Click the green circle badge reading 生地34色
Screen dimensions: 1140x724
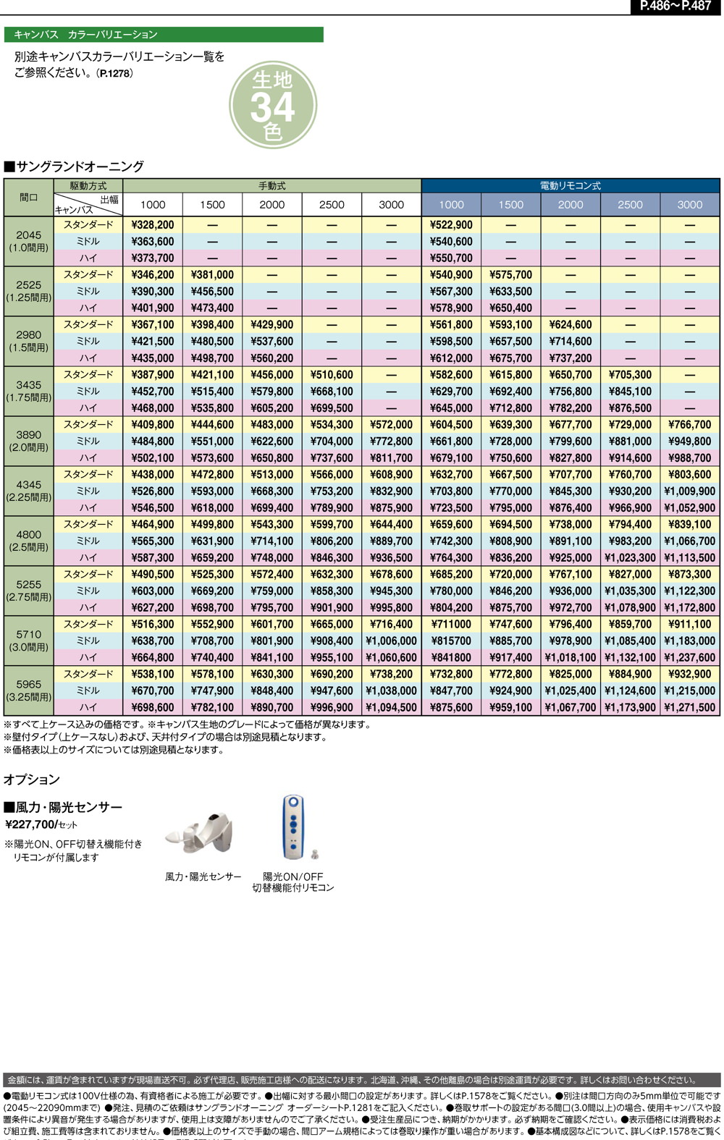(x=273, y=107)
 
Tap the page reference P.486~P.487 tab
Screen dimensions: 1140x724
(x=675, y=7)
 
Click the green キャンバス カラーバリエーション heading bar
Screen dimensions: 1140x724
(x=164, y=35)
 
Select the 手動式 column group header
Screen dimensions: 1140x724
(x=272, y=186)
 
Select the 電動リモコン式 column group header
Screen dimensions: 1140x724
(x=571, y=186)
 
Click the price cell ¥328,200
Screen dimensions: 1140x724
(x=153, y=225)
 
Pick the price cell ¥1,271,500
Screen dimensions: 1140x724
(x=690, y=707)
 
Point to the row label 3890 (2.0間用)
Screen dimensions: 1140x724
(x=29, y=441)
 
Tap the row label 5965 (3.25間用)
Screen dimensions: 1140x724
(x=29, y=691)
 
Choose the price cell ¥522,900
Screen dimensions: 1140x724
(x=451, y=225)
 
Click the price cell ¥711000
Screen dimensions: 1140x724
(x=451, y=624)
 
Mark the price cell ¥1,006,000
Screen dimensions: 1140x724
(x=392, y=641)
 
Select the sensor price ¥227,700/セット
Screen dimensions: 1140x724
(x=41, y=824)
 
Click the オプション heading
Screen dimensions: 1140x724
(x=32, y=780)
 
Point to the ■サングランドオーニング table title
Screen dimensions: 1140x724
(x=74, y=166)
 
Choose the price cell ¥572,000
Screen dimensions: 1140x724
(x=392, y=425)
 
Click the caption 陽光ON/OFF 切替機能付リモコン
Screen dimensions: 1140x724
(x=293, y=882)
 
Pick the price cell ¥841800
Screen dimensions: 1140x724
(x=451, y=657)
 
